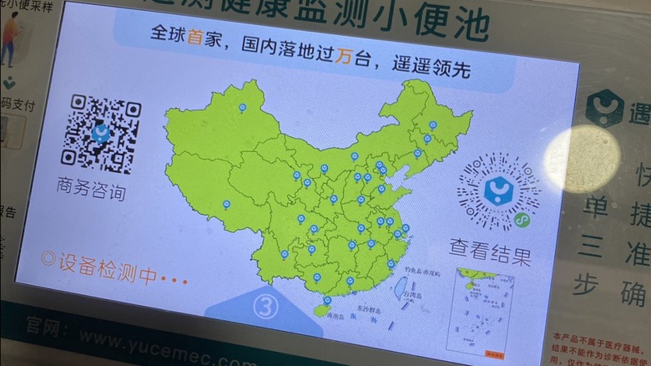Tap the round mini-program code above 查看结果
pos(499,192)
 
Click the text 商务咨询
pos(92,189)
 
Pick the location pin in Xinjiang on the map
pos(242,108)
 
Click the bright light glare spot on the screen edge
pos(583,160)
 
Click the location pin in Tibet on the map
pos(226,204)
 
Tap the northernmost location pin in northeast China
pos(432,125)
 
